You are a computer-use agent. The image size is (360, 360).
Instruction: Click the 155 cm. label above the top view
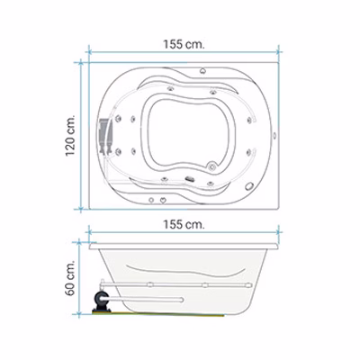pos(184,45)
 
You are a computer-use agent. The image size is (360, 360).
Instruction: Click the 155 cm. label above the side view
pos(184,224)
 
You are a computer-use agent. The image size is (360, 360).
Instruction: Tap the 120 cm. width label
pos(70,135)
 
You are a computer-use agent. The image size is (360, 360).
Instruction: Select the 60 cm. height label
pos(70,277)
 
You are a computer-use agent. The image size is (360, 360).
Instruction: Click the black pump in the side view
pos(100,302)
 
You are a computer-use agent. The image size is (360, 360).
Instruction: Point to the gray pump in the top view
pos(103,136)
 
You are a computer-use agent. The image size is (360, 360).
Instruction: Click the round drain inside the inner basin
pos(212,166)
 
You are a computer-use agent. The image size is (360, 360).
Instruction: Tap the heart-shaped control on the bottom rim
pos(163,200)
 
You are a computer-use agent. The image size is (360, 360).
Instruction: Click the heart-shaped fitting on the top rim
pos(202,71)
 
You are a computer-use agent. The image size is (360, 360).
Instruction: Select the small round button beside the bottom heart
pos(151,200)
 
